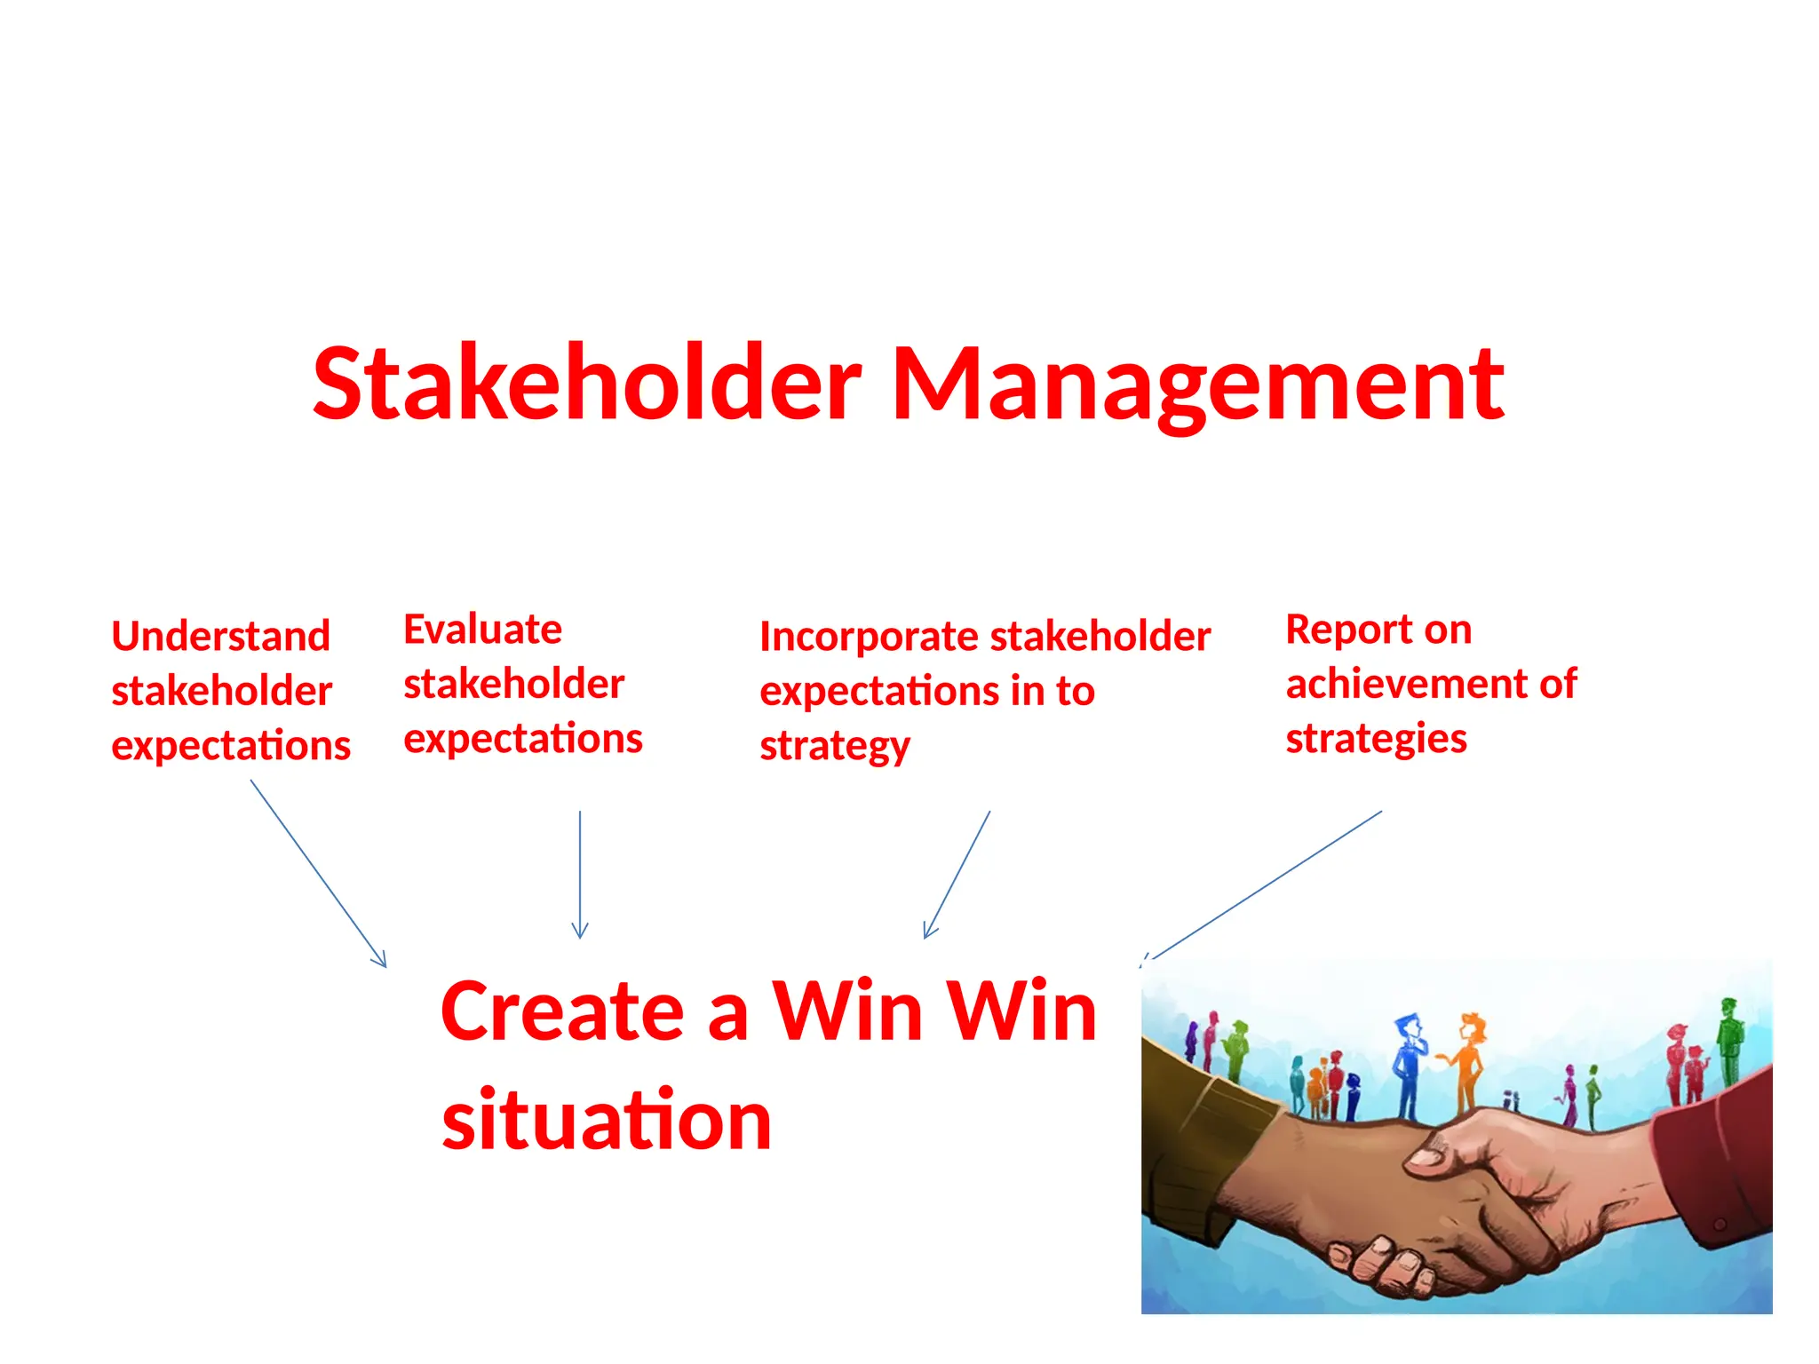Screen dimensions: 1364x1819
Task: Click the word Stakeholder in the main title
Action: tap(586, 384)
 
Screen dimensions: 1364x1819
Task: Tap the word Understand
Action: tap(220, 637)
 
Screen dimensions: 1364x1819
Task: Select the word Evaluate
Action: tap(482, 630)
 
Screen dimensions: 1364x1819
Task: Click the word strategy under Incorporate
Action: tap(834, 747)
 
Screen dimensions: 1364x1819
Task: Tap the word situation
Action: tap(607, 1121)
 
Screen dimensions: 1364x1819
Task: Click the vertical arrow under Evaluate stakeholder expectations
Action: tap(580, 875)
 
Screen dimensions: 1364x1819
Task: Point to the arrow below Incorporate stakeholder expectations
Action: tap(957, 875)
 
